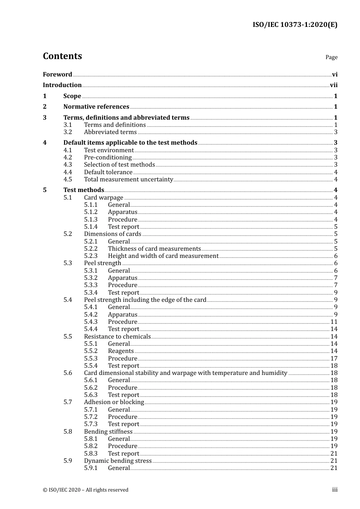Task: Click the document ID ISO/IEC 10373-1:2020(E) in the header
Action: click(x=295, y=25)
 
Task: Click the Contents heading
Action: click(x=62, y=56)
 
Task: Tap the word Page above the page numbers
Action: click(x=331, y=57)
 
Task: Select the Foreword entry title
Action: click(x=57, y=75)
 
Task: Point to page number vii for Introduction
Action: click(x=333, y=85)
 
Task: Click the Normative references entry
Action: click(x=96, y=107)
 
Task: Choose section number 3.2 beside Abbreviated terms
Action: click(x=68, y=132)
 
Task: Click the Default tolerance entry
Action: click(x=108, y=172)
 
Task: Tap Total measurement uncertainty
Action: click(x=128, y=180)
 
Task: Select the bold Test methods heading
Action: click(x=84, y=190)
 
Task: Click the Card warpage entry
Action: click(x=103, y=198)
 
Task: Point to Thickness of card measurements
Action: click(x=154, y=249)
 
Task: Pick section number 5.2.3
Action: click(x=91, y=256)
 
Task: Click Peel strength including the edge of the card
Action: click(x=145, y=300)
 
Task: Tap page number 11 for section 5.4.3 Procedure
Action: click(x=334, y=322)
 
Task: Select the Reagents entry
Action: click(x=121, y=351)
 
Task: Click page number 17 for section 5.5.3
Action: click(x=334, y=359)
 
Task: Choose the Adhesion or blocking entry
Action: click(x=114, y=402)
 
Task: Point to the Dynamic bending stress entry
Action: click(x=118, y=461)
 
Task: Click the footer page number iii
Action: click(x=335, y=490)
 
